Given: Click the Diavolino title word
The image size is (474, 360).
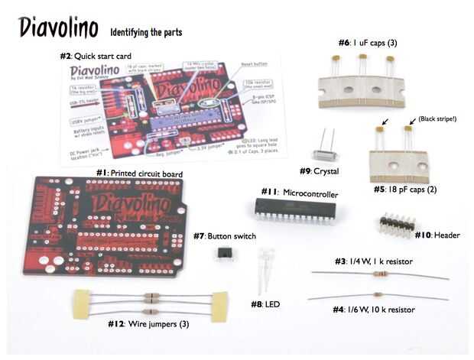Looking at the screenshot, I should (x=59, y=29).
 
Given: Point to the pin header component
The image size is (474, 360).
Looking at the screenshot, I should (x=398, y=224).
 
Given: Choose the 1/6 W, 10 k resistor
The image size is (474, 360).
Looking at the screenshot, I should (x=378, y=295).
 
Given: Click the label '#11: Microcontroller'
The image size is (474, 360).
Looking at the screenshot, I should (x=299, y=193).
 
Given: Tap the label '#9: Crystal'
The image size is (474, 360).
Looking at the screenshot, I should (x=319, y=171).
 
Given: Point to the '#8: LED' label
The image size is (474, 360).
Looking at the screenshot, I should (x=265, y=304).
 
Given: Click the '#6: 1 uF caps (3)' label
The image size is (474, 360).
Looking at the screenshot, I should (x=368, y=44).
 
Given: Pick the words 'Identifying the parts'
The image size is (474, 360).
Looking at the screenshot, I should (x=146, y=33).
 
